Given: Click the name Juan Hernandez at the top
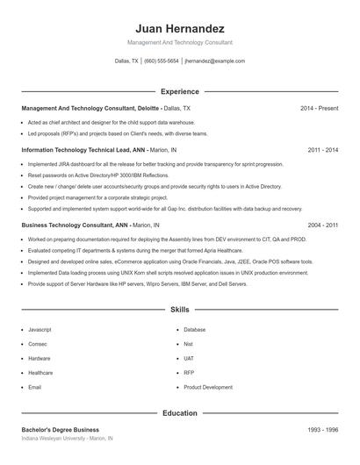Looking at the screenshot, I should (x=180, y=28).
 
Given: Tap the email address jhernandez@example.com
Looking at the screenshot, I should (x=215, y=61).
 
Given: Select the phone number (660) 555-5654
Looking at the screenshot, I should (x=161, y=61).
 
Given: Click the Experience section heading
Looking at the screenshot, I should (x=180, y=91).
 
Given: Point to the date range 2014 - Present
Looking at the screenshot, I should (x=319, y=108).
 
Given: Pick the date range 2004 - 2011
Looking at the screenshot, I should (x=322, y=225).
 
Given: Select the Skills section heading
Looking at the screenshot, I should (x=180, y=310).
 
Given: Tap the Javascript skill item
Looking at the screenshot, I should (x=40, y=329).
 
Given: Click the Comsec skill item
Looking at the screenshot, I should (x=38, y=344).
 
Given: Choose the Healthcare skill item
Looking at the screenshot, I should (x=40, y=373).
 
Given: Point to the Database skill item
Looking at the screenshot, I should (x=195, y=329).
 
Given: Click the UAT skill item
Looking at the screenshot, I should (x=189, y=358).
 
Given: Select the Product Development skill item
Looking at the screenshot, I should (x=208, y=387).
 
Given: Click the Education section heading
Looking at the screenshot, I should (x=180, y=412).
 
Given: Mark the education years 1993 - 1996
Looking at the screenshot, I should (x=322, y=429).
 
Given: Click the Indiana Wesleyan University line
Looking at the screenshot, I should (x=68, y=438).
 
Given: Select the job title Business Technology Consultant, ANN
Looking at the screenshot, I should (x=75, y=225).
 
